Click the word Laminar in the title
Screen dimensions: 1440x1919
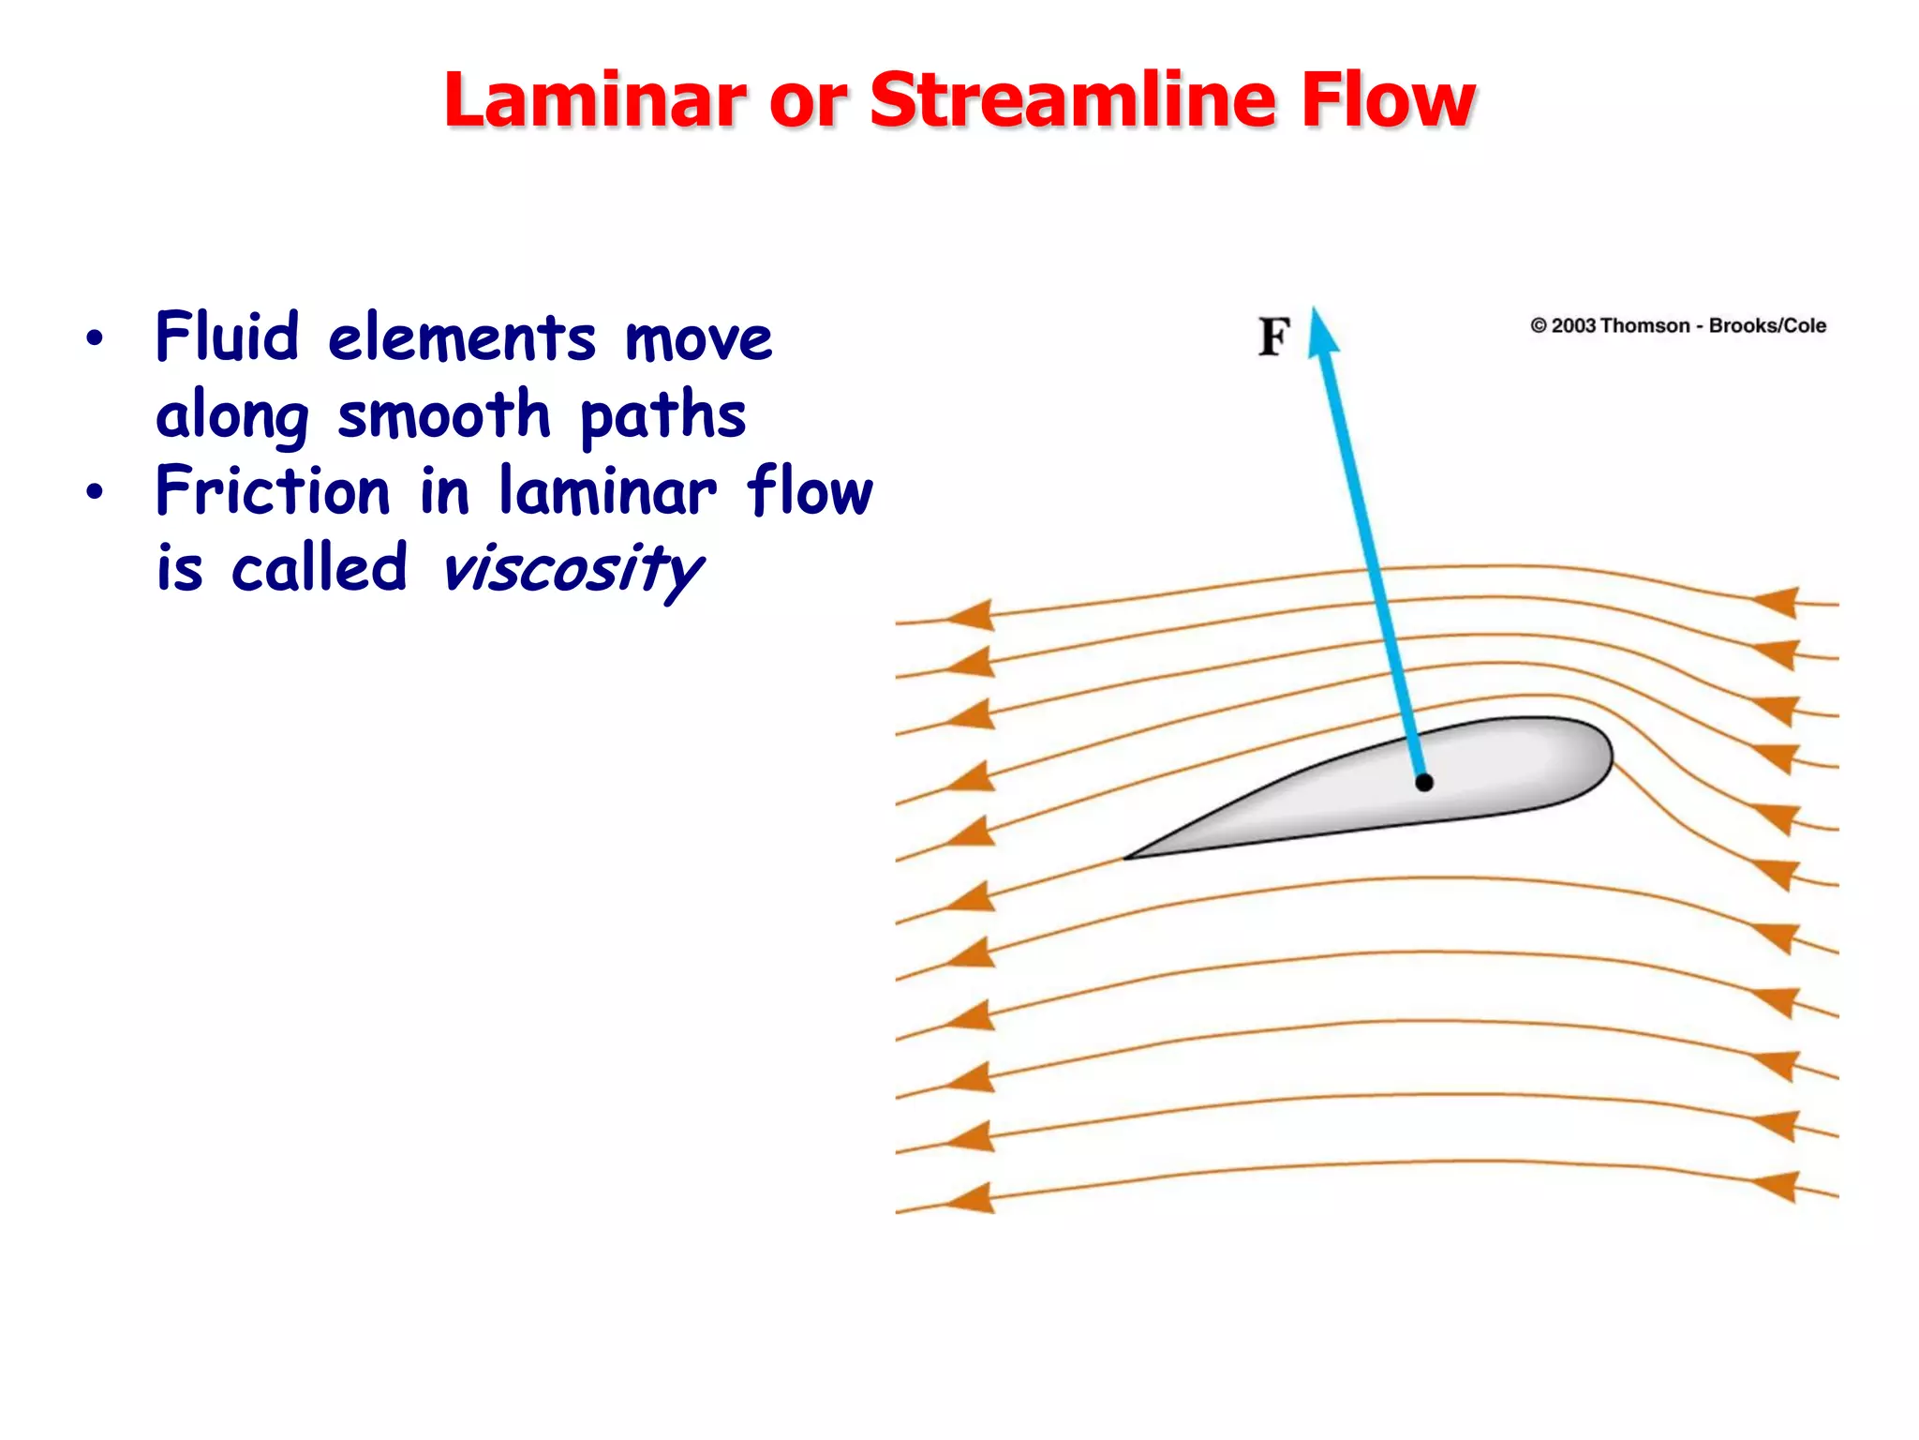pyautogui.click(x=595, y=100)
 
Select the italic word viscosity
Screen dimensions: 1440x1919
pyautogui.click(x=572, y=570)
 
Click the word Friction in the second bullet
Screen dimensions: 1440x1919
pyautogui.click(x=273, y=491)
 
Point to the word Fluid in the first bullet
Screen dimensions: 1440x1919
pyautogui.click(x=227, y=337)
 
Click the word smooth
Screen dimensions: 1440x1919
pyautogui.click(x=443, y=414)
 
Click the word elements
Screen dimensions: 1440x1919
pyautogui.click(x=462, y=338)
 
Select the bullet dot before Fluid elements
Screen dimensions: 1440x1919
pyautogui.click(x=94, y=338)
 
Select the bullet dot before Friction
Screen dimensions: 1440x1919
pyautogui.click(x=94, y=491)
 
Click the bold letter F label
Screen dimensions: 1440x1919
pyautogui.click(x=1273, y=337)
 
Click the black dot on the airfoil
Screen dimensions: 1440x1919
pyautogui.click(x=1424, y=782)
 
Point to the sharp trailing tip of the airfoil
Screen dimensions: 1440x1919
pyautogui.click(x=1127, y=857)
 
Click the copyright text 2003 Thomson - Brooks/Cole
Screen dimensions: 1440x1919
pyautogui.click(x=1678, y=326)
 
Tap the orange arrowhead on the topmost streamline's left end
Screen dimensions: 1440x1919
pyautogui.click(x=972, y=616)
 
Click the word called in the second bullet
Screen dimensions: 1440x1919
pyautogui.click(x=320, y=569)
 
